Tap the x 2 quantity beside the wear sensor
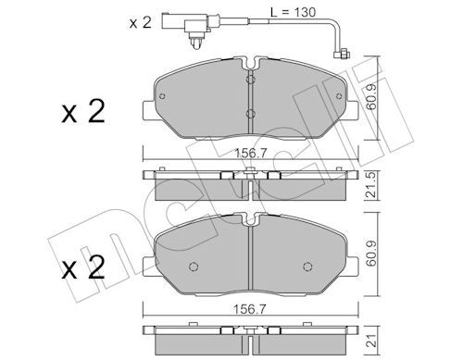click(x=141, y=23)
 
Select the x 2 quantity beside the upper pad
click(x=83, y=112)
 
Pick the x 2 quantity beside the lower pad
click(x=83, y=267)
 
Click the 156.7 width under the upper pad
click(x=250, y=154)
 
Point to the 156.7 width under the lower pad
click(x=250, y=309)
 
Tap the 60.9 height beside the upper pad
click(x=370, y=98)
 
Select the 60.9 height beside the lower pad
click(x=370, y=254)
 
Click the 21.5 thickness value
click(x=370, y=184)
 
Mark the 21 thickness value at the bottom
click(x=370, y=340)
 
